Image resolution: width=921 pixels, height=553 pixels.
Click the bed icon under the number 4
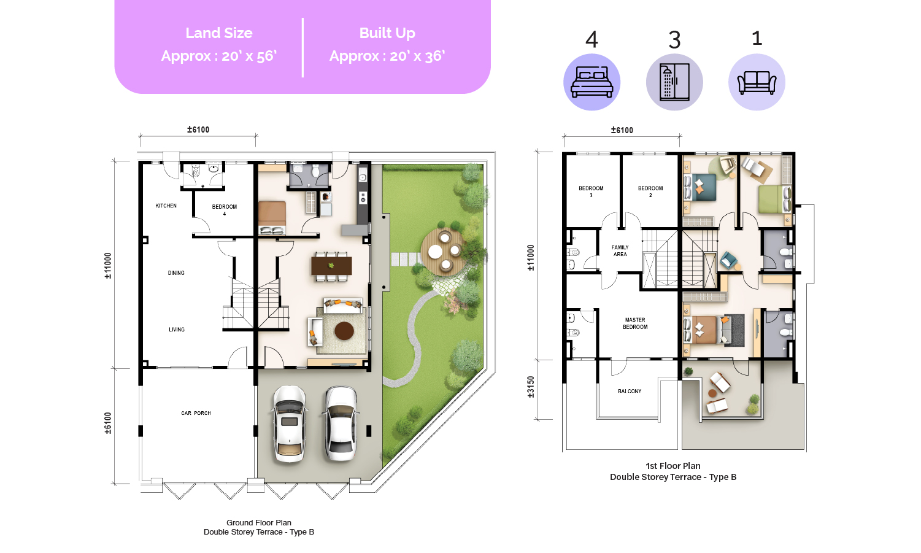pyautogui.click(x=592, y=83)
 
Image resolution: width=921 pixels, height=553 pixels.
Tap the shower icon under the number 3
pyautogui.click(x=674, y=82)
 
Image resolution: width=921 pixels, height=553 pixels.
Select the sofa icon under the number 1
pyautogui.click(x=757, y=83)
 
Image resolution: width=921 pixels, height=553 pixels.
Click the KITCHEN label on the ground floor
pyautogui.click(x=166, y=206)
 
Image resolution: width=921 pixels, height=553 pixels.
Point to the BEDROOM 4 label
pyautogui.click(x=225, y=210)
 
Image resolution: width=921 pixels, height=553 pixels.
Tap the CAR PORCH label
pyautogui.click(x=196, y=413)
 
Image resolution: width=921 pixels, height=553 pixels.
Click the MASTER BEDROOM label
pyautogui.click(x=635, y=323)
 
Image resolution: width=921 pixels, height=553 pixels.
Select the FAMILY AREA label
pyautogui.click(x=620, y=251)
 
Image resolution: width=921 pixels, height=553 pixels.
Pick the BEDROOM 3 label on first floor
pyautogui.click(x=592, y=191)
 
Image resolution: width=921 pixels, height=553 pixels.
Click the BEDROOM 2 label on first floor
pyautogui.click(x=650, y=191)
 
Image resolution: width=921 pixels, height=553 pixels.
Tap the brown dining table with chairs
pyautogui.click(x=331, y=266)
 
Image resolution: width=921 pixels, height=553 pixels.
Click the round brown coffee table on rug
pyautogui.click(x=344, y=331)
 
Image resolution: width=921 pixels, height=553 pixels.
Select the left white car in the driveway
pyautogui.click(x=290, y=424)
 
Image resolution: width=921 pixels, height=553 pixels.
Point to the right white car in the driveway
pyautogui.click(x=341, y=424)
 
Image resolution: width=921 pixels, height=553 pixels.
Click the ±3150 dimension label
pyautogui.click(x=531, y=387)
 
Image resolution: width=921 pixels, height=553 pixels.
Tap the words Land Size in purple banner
pyautogui.click(x=219, y=33)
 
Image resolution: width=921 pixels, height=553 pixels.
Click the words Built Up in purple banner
pyautogui.click(x=387, y=33)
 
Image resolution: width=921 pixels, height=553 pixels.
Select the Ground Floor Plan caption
pyautogui.click(x=259, y=522)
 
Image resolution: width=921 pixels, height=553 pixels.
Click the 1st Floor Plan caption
pyautogui.click(x=673, y=466)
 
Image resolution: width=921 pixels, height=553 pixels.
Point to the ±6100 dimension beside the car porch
pyautogui.click(x=108, y=423)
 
